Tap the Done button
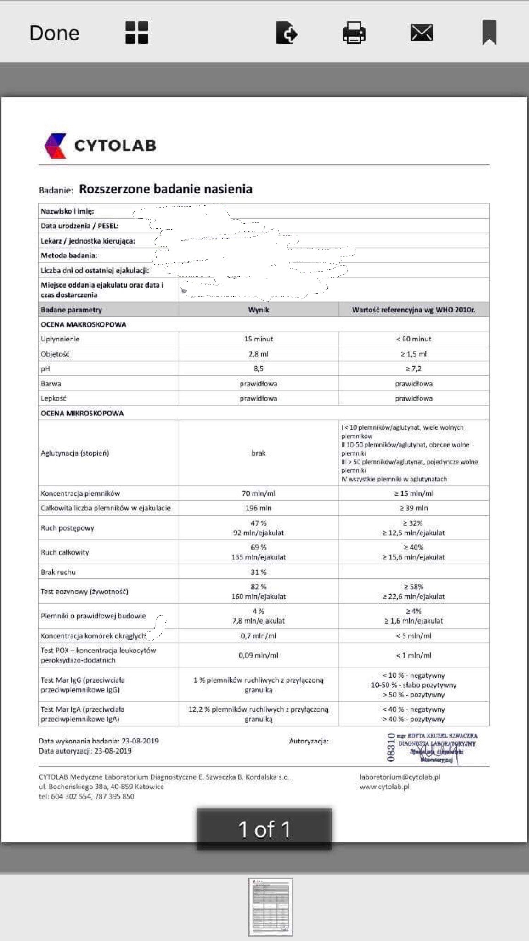pyautogui.click(x=54, y=33)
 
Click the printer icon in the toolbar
pyautogui.click(x=354, y=33)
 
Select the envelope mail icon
pyautogui.click(x=422, y=33)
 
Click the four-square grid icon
pyautogui.click(x=137, y=33)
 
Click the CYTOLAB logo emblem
pyautogui.click(x=56, y=145)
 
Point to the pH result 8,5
pyautogui.click(x=259, y=369)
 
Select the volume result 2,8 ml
pyautogui.click(x=259, y=354)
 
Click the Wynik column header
pyautogui.click(x=259, y=310)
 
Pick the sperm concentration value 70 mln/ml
pyautogui.click(x=259, y=493)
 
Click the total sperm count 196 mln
pyautogui.click(x=259, y=508)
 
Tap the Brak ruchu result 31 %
pyautogui.click(x=259, y=572)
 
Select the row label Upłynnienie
pyautogui.click(x=60, y=339)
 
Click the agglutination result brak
pyautogui.click(x=259, y=453)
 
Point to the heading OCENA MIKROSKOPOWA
pyautogui.click(x=82, y=413)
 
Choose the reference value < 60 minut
pyautogui.click(x=413, y=339)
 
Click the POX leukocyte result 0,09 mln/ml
pyautogui.click(x=259, y=655)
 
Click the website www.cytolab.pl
pyautogui.click(x=385, y=787)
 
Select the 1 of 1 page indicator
pyautogui.click(x=264, y=829)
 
